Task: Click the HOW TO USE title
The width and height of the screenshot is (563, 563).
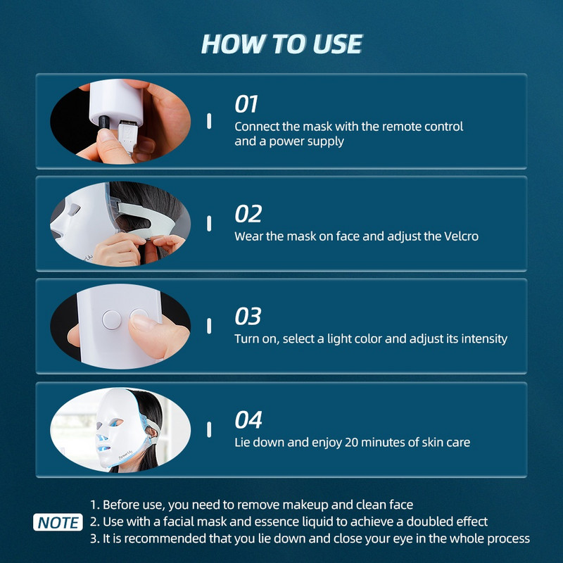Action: pyautogui.click(x=281, y=44)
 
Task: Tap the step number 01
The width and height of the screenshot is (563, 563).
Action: pyautogui.click(x=247, y=105)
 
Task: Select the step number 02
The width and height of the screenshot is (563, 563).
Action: pyautogui.click(x=248, y=214)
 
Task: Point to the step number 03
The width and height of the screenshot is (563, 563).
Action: pyautogui.click(x=248, y=316)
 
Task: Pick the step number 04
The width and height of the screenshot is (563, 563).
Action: pyautogui.click(x=248, y=420)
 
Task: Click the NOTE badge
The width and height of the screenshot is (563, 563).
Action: pyautogui.click(x=58, y=523)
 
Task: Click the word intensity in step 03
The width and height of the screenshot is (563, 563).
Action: pyautogui.click(x=483, y=339)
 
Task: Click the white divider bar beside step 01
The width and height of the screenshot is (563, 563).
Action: pyautogui.click(x=209, y=120)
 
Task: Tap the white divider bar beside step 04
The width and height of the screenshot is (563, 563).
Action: pyautogui.click(x=209, y=429)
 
